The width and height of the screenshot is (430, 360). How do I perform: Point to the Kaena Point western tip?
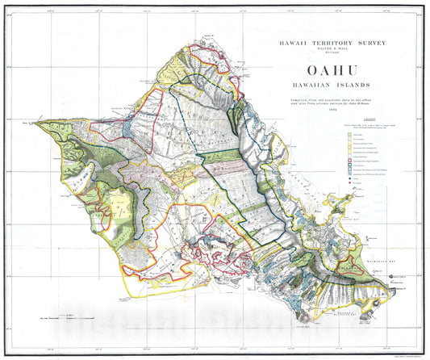(x=34, y=123)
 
